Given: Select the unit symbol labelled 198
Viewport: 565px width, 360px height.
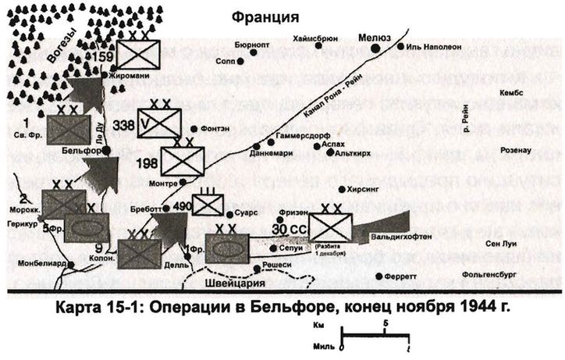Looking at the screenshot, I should click(182, 161).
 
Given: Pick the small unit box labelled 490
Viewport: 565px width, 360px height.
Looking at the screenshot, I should click(208, 205).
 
